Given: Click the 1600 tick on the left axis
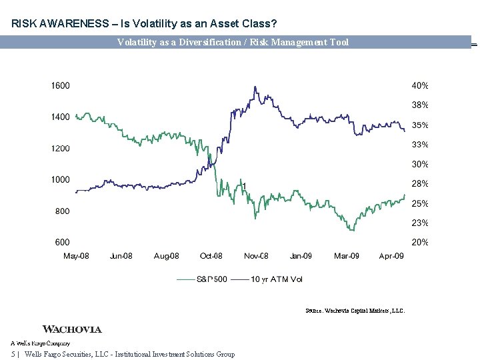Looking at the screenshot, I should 61,85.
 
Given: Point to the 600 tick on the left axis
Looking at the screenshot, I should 62,243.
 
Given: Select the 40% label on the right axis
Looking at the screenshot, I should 419,85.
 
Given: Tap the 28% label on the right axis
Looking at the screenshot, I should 419,184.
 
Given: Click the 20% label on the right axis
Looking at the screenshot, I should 419,243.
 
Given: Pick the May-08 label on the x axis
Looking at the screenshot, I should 76,256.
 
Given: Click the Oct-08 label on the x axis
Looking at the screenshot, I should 211,256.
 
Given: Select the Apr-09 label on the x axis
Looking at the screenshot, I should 391,256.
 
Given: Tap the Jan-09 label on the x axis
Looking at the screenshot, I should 301,256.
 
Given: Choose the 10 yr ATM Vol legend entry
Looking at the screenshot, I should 276,279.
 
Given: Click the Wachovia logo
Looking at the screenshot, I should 72,329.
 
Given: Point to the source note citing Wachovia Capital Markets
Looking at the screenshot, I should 355,311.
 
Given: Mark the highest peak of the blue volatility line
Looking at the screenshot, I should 255,87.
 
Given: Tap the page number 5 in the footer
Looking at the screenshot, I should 13,354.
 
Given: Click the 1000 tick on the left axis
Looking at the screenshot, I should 61,180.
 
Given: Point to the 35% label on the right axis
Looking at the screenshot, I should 419,125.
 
